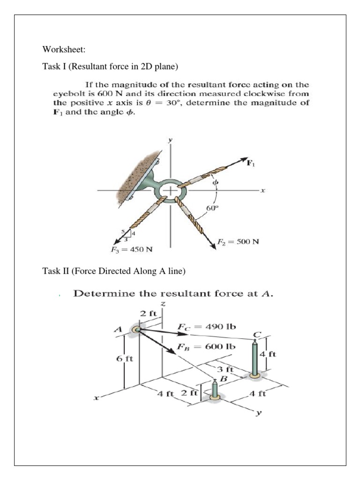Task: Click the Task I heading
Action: click(x=110, y=67)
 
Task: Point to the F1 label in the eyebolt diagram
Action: click(x=252, y=163)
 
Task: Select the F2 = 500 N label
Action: click(x=238, y=242)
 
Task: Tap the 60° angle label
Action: click(x=212, y=208)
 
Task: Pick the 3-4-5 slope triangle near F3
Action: click(x=127, y=234)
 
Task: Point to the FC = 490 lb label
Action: click(x=207, y=327)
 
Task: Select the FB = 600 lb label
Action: click(x=207, y=347)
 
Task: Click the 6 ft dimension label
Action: click(x=125, y=359)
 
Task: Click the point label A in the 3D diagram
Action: click(x=120, y=330)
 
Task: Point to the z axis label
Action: click(x=163, y=305)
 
